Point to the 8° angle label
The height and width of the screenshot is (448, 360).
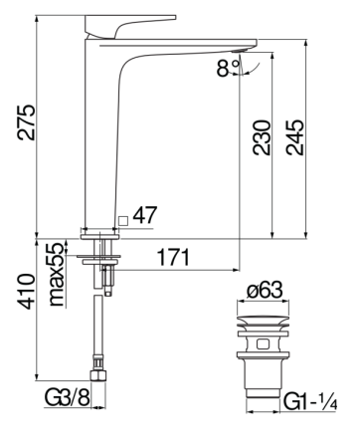[x=227, y=70]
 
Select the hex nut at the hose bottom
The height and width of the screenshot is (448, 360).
[x=100, y=376]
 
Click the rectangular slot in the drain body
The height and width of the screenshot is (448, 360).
[x=262, y=343]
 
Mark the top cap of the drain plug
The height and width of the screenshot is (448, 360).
[x=262, y=321]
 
